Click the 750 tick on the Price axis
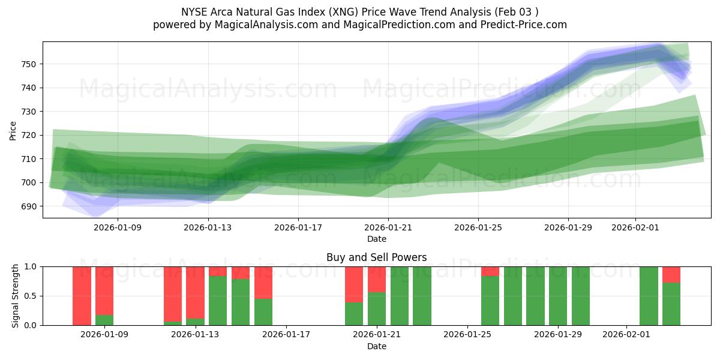(29, 64)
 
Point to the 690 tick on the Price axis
(29, 206)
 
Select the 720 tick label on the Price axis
(29, 135)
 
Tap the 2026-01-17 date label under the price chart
(298, 228)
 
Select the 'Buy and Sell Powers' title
(376, 257)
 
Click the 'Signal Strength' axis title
(15, 296)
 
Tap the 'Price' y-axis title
(13, 130)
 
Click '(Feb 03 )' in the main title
(515, 12)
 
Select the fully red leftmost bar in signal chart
(82, 296)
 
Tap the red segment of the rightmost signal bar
(671, 274)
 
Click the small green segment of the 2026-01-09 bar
(104, 320)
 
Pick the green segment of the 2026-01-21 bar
(377, 308)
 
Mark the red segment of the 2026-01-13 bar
(195, 292)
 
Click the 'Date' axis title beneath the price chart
(376, 239)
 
